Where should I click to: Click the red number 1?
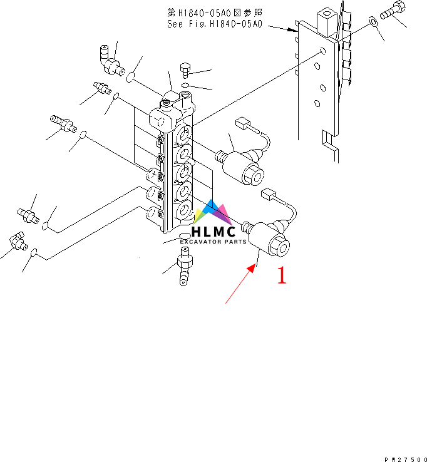(282, 275)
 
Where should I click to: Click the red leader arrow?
(240, 284)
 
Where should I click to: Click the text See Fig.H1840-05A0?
(215, 25)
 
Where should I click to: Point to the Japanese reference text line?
(215, 13)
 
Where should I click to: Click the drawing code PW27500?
(405, 458)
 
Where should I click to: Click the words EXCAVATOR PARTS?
(213, 242)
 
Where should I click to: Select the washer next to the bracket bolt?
(374, 22)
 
